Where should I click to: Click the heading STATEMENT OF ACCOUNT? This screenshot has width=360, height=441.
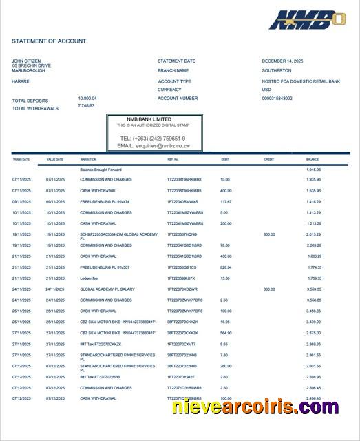coord(49,41)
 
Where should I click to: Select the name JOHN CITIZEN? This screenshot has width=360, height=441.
coord(28,61)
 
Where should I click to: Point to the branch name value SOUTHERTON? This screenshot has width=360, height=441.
coord(277,70)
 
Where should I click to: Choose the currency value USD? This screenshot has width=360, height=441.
coord(267,90)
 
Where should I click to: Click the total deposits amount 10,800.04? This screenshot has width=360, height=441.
coord(87,99)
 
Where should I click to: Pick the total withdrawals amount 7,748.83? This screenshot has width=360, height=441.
coord(86,105)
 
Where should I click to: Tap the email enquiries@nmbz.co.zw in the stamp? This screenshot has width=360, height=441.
coord(153,146)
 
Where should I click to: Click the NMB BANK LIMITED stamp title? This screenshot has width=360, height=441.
coord(153,119)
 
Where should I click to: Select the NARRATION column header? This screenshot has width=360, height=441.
coord(88,159)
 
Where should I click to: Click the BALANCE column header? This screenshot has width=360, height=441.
coord(313,159)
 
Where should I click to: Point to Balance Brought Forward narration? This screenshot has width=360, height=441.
coord(100,170)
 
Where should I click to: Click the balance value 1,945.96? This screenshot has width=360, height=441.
coord(314,170)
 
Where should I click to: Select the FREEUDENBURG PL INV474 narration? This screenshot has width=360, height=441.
coord(105,201)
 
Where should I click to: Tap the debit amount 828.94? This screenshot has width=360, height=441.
coord(226,267)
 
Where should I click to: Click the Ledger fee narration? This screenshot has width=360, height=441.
coord(89,278)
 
